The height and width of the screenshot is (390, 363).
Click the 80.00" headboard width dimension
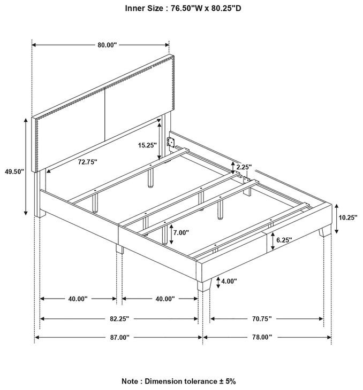107,45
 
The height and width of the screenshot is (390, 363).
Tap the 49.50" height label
14,171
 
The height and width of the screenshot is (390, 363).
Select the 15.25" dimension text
147,145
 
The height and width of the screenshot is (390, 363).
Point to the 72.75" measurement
87,162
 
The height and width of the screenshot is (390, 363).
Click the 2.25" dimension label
244,167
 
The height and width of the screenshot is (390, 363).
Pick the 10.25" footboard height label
348,217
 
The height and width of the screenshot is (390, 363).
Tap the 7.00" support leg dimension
182,233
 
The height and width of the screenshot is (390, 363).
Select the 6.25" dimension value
284,240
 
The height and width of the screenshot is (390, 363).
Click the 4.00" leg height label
229,282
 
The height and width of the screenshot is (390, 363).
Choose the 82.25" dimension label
120,318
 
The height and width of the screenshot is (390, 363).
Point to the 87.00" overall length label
120,337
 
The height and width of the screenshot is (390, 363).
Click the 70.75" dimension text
261,318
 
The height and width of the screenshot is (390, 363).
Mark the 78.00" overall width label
262,337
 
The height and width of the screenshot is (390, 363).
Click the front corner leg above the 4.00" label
204,285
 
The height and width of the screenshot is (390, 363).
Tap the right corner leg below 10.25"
325,231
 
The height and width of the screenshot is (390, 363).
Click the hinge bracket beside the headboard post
171,142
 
